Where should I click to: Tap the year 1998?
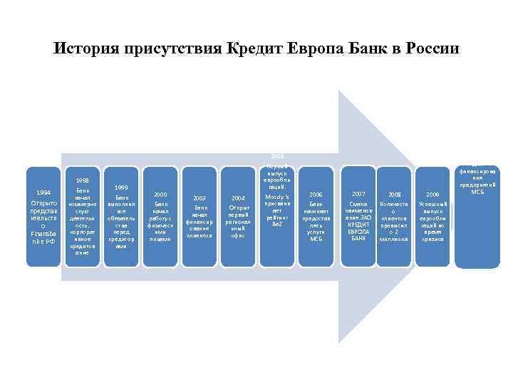pos(83,181)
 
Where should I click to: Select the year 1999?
pos(121,187)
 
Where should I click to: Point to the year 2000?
pos(160,194)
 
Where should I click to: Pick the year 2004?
pos(238,198)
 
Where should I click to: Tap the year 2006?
pos(316,194)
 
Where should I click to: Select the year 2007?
pos(358,193)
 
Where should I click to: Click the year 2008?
pos(394,194)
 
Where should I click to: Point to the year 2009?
pos(432,194)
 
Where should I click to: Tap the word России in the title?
pos(434,49)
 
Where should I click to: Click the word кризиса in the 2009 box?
pos(432,240)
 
